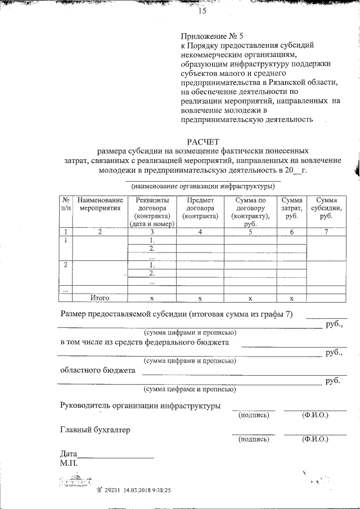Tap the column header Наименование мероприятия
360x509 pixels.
click(100, 204)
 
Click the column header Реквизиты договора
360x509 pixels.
click(152, 211)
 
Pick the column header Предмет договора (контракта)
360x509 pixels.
click(200, 208)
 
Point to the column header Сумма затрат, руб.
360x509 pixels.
click(291, 208)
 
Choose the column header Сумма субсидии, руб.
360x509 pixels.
click(326, 208)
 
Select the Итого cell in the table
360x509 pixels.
click(100, 298)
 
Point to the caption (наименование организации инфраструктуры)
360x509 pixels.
click(202, 186)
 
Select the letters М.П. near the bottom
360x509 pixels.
click(70, 464)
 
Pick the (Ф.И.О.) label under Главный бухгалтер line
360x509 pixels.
click(315, 439)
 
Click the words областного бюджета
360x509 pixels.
click(97, 371)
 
